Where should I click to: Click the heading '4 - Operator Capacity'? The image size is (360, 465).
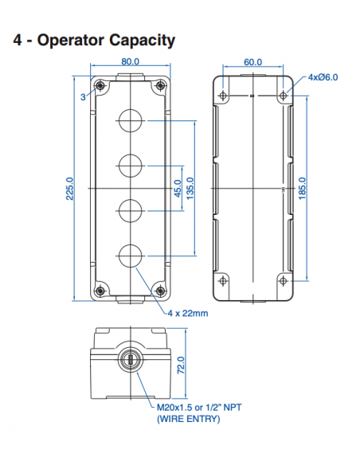pos(94,40)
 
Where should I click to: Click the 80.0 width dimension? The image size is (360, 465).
pos(130,61)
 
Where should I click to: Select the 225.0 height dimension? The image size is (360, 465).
pos(69,189)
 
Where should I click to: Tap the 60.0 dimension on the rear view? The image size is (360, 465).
pos(253,61)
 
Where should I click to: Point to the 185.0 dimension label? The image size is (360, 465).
pos(302,189)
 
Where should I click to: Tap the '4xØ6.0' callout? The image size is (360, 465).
pos(323,77)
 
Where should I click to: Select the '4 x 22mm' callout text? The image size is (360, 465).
pos(188,313)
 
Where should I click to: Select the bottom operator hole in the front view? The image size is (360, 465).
pos(130,255)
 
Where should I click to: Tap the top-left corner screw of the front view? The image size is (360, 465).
pos(100,88)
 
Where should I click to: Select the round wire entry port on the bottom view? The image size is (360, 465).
pos(130,362)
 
